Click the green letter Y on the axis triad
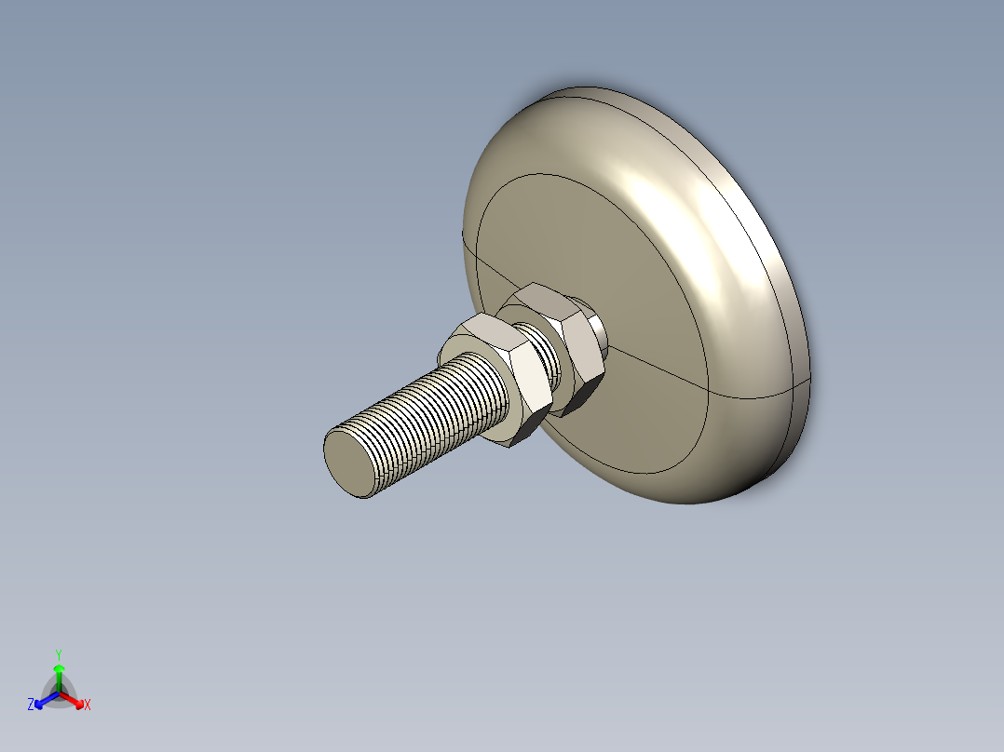(59, 653)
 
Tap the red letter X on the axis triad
(88, 705)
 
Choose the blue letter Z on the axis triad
(31, 705)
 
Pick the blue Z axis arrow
(43, 701)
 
